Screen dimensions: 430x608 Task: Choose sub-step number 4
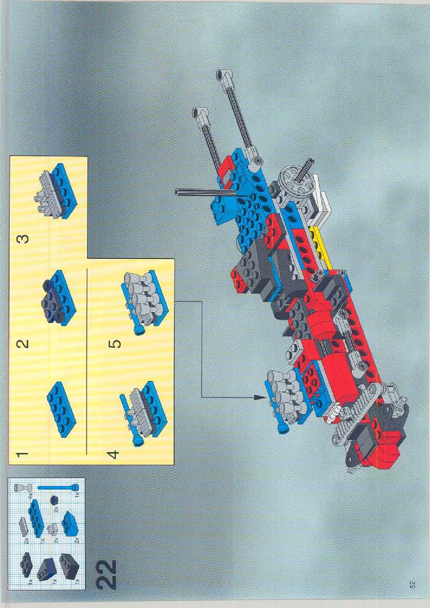(x=113, y=454)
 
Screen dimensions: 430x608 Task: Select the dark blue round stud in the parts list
(x=55, y=500)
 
